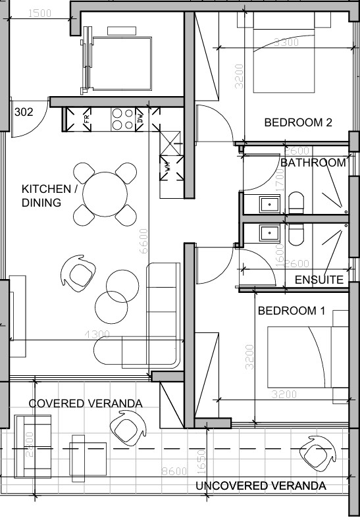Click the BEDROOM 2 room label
click(x=297, y=122)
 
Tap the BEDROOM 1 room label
click(x=291, y=311)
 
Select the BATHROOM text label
click(x=313, y=163)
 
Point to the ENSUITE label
click(x=319, y=280)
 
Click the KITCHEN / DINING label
click(x=50, y=196)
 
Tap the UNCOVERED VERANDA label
click(x=261, y=486)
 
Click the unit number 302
click(x=23, y=112)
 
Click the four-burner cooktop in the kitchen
click(x=122, y=118)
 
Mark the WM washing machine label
click(x=167, y=167)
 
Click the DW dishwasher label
click(x=140, y=118)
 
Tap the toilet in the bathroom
click(x=297, y=203)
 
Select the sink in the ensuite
click(x=269, y=233)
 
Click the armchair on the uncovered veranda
click(x=311, y=454)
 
